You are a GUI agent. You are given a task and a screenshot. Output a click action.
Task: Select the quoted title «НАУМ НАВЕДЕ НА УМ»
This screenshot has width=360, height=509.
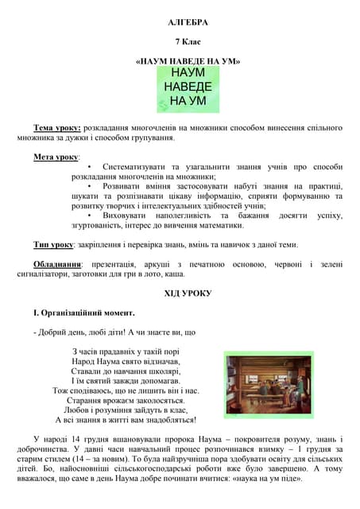pos(188,60)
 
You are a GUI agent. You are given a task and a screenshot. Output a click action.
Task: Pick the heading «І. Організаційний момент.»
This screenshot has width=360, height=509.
pos(78,313)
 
